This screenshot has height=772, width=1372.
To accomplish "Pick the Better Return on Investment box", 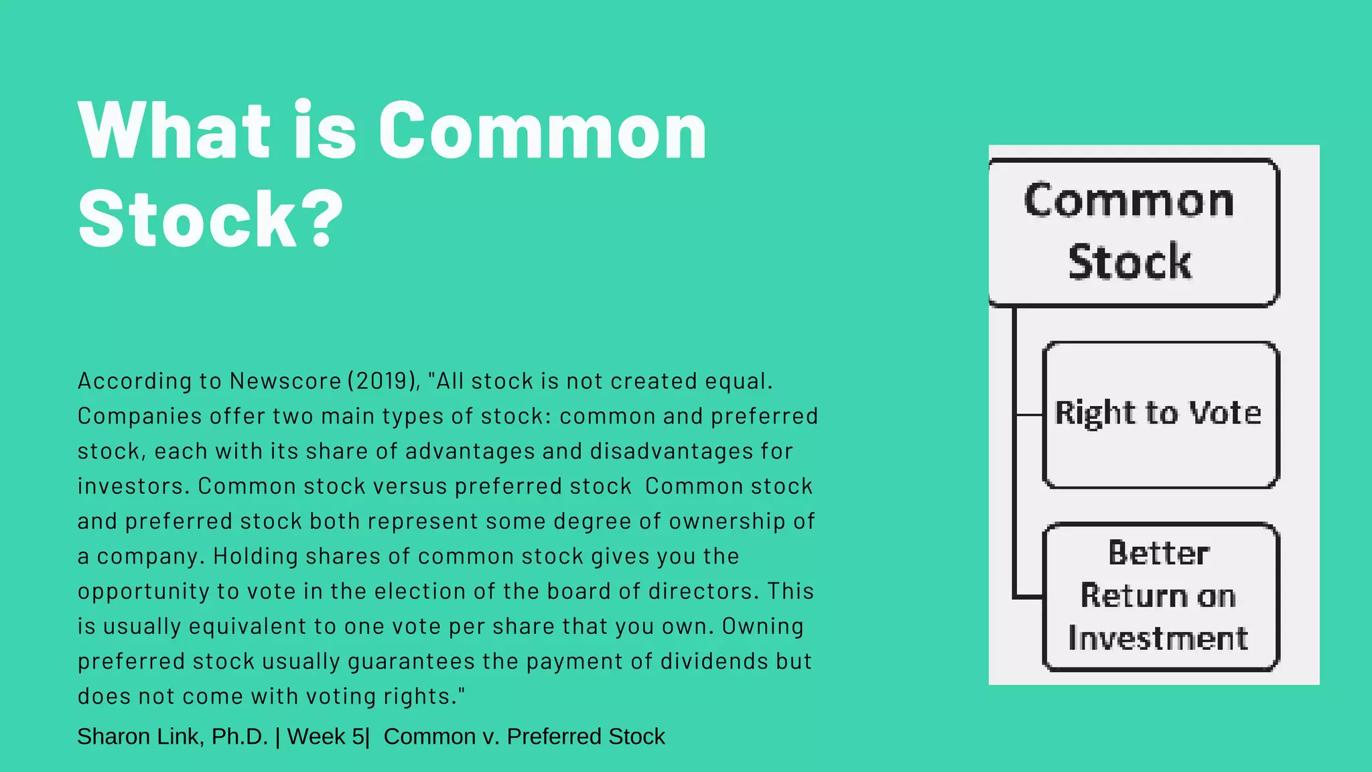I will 1160,596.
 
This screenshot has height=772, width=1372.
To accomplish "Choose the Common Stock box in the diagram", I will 1134,232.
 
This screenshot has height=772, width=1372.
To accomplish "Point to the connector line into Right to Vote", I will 1029,415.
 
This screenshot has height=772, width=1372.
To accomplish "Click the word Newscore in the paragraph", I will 285,381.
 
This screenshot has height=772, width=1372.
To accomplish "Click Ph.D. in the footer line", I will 240,736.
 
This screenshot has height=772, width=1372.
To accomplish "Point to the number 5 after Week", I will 358,736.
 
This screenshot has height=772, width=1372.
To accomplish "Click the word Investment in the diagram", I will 1158,638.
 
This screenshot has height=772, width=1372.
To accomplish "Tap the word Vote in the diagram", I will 1225,413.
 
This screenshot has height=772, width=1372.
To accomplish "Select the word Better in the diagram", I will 1158,554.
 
